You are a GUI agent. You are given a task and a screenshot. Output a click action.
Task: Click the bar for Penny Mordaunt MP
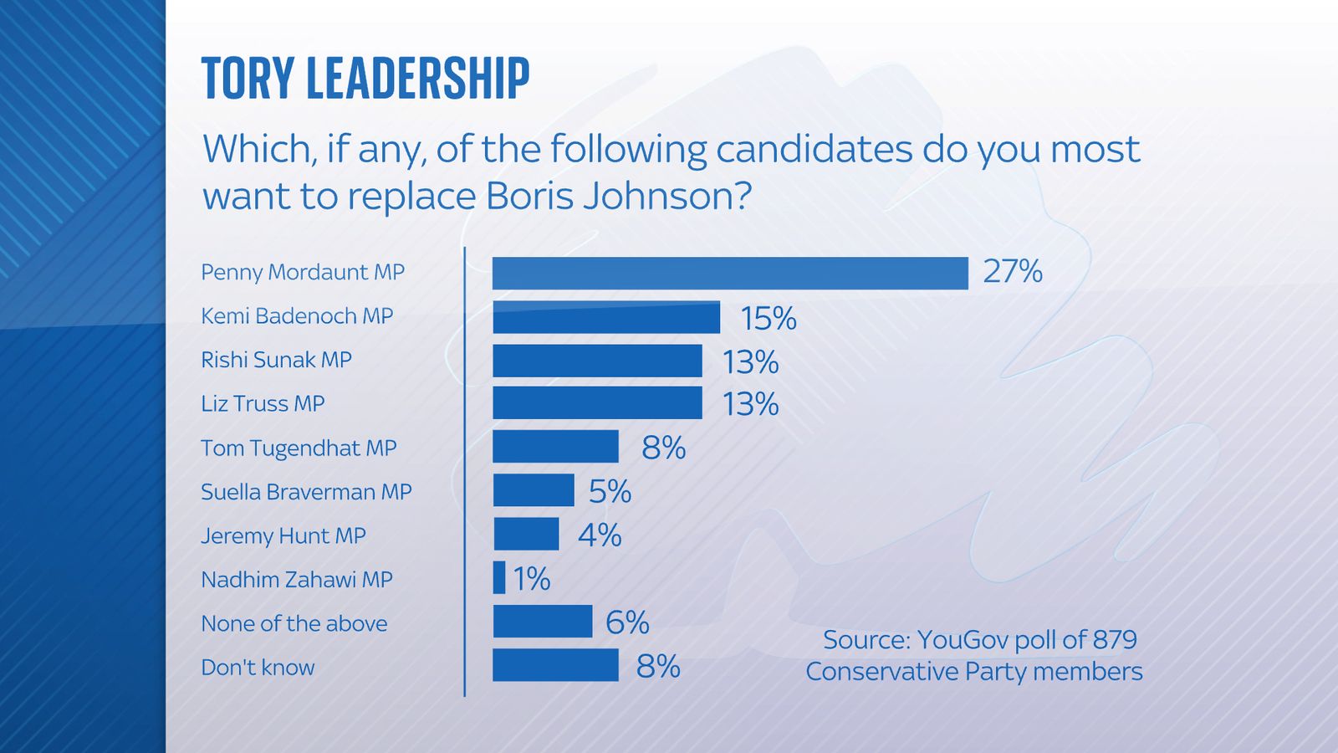tap(729, 273)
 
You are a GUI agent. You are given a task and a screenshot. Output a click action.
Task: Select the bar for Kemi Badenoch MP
tap(605, 317)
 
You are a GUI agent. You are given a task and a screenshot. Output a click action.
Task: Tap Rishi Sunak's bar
tap(597, 361)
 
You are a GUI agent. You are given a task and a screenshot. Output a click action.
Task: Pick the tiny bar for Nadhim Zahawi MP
tap(499, 578)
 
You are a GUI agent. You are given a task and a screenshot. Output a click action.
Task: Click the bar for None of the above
tap(542, 622)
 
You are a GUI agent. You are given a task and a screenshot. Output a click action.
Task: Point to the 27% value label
tap(1013, 272)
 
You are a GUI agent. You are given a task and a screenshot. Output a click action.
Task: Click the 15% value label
tap(768, 319)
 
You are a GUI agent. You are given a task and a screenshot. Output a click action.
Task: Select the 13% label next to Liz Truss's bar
tap(750, 405)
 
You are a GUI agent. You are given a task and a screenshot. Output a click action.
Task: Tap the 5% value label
tap(610, 492)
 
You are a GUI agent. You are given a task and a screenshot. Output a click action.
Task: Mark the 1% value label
tap(531, 579)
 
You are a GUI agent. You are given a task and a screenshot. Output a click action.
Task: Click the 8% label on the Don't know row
tap(658, 667)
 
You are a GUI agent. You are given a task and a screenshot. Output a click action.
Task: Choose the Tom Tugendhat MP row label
tap(299, 448)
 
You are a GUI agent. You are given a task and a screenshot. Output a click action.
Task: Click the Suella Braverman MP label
tap(306, 492)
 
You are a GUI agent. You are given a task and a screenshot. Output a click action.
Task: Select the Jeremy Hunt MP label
tap(283, 535)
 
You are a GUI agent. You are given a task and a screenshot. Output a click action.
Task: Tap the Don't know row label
tap(258, 668)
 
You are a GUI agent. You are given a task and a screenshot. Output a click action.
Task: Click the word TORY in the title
tap(247, 79)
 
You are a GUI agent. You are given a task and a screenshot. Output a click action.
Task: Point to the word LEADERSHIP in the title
tap(418, 79)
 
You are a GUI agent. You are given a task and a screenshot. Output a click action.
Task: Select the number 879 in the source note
tap(1114, 640)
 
